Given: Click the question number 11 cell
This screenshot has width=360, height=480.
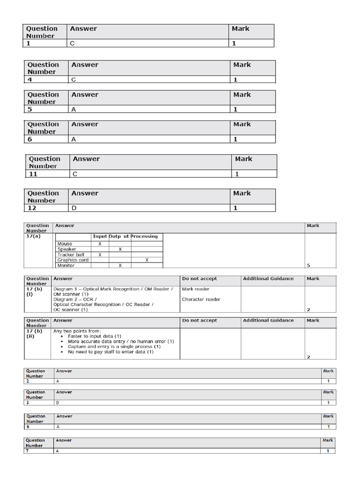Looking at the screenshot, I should [x=33, y=174].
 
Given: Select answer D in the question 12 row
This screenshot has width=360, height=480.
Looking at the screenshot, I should [x=74, y=208].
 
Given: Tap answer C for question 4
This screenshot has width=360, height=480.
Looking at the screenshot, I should [x=74, y=80].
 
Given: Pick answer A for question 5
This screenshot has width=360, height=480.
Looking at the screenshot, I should [x=74, y=109].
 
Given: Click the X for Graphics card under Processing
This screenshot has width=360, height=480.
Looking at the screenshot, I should [x=147, y=260].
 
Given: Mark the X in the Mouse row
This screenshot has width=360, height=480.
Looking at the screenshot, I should [x=100, y=244].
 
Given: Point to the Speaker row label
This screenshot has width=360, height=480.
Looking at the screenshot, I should [x=67, y=249].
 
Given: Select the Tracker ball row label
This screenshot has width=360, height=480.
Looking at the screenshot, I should [x=71, y=255].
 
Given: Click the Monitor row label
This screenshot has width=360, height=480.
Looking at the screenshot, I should [x=66, y=265].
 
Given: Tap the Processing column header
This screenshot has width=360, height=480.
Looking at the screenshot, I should [x=144, y=236].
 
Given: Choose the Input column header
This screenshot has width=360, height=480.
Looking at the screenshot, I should [x=100, y=236].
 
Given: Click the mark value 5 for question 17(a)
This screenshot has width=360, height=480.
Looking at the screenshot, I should [x=308, y=265].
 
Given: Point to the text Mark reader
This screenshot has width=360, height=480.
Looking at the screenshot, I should [x=195, y=289].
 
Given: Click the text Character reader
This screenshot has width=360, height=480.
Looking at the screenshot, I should [x=201, y=299].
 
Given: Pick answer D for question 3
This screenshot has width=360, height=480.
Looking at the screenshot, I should [x=58, y=403].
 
